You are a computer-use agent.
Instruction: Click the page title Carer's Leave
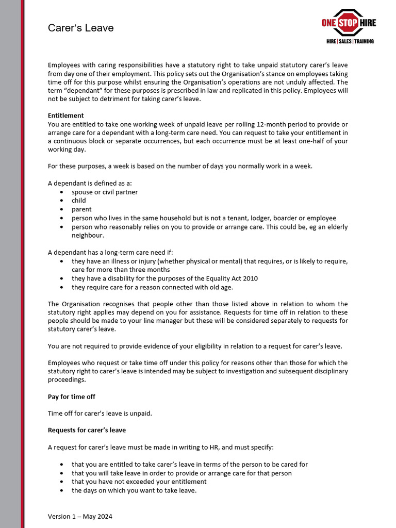pyautogui.click(x=80, y=28)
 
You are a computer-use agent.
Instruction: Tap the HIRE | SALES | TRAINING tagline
pyautogui.click(x=350, y=41)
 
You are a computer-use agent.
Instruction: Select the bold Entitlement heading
pyautogui.click(x=65, y=115)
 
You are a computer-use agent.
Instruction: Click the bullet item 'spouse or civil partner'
pyautogui.click(x=105, y=192)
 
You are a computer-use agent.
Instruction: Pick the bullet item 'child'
pyautogui.click(x=79, y=201)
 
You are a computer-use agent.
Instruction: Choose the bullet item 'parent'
pyautogui.click(x=81, y=209)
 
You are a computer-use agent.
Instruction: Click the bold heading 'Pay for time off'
pyautogui.click(x=72, y=397)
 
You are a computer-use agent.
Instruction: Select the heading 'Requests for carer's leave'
pyautogui.click(x=87, y=430)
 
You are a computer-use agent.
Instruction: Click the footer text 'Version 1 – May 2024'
pyautogui.click(x=80, y=516)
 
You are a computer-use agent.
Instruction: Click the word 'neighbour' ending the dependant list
pyautogui.click(x=88, y=236)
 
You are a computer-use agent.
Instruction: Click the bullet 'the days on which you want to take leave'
pyautogui.click(x=134, y=490)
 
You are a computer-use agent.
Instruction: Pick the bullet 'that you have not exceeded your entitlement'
pyautogui.click(x=139, y=482)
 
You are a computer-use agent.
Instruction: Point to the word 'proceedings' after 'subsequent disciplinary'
pyautogui.click(x=67, y=379)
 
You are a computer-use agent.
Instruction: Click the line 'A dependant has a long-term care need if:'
pyautogui.click(x=110, y=253)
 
